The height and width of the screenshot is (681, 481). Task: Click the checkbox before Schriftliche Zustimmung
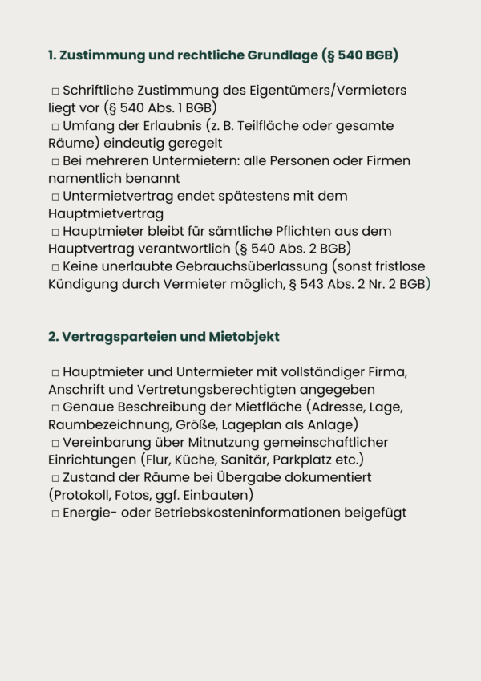(55, 91)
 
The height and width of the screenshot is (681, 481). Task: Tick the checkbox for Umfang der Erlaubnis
(55, 127)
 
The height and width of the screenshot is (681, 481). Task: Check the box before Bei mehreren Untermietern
(55, 161)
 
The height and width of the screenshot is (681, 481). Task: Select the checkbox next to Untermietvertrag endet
(55, 197)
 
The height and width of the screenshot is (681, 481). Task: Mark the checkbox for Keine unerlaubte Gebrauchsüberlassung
(55, 266)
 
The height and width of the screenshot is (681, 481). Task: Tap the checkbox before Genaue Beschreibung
(55, 407)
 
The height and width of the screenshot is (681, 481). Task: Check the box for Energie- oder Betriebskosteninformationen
(55, 513)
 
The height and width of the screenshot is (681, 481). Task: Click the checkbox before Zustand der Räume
(55, 477)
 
